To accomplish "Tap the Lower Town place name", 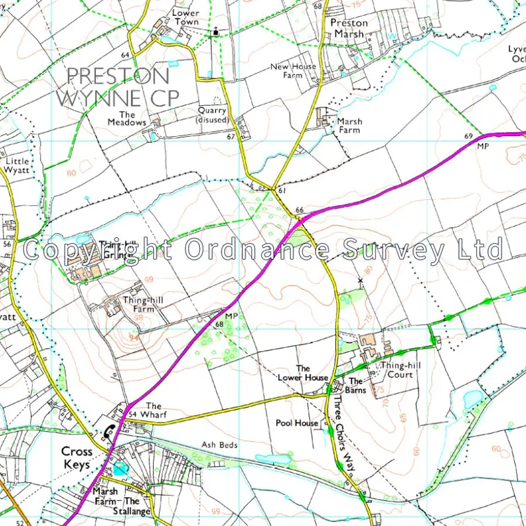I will pos(186,17).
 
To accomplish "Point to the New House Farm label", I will pos(293,70).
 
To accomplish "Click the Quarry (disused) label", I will pos(212,115).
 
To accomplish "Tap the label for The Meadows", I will pos(127,118).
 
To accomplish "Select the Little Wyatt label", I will pos(18,165).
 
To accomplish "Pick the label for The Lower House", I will pos(302,373).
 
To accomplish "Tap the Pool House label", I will pos(297,423).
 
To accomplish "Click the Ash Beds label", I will pos(219,445).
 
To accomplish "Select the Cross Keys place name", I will pos(77,457).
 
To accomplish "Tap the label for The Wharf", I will pos(153,410).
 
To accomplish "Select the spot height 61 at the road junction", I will pos(282,191).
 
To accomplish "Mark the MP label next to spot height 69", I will pos(484,146).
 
